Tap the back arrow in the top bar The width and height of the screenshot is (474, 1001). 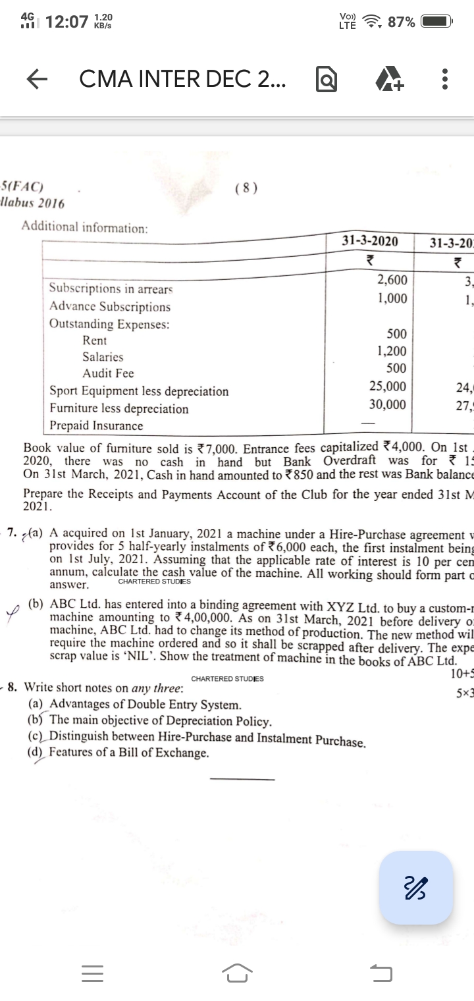click(x=38, y=80)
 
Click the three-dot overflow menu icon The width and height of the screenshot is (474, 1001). click(x=445, y=80)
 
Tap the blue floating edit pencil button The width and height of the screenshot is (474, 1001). click(x=415, y=887)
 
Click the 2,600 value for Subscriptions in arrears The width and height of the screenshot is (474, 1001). click(x=392, y=281)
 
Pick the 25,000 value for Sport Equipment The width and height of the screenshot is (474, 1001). click(x=388, y=386)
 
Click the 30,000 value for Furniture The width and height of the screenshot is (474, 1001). click(x=388, y=404)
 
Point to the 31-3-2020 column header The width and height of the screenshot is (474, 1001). click(x=370, y=241)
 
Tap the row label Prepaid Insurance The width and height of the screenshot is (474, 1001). click(x=97, y=425)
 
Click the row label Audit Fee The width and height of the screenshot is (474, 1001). click(x=108, y=373)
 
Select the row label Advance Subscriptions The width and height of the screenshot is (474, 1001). click(x=111, y=307)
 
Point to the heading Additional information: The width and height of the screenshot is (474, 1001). click(x=85, y=227)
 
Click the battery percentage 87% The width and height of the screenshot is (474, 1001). click(x=402, y=22)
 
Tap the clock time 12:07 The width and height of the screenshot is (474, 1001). click(x=67, y=22)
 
